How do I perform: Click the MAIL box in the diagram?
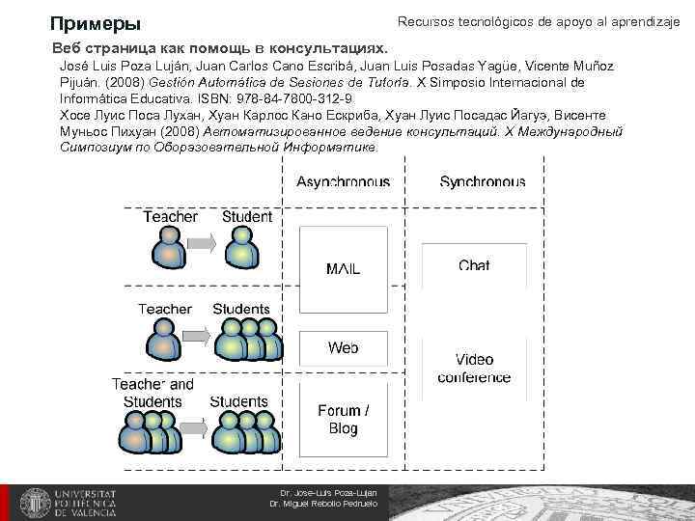343,269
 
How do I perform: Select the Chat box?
474,265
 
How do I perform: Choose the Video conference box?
474,369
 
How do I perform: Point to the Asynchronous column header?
343,181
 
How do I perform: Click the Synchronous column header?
482,181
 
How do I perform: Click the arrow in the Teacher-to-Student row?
203,245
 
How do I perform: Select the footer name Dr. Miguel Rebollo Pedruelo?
322,505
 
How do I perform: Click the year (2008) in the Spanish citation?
126,82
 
